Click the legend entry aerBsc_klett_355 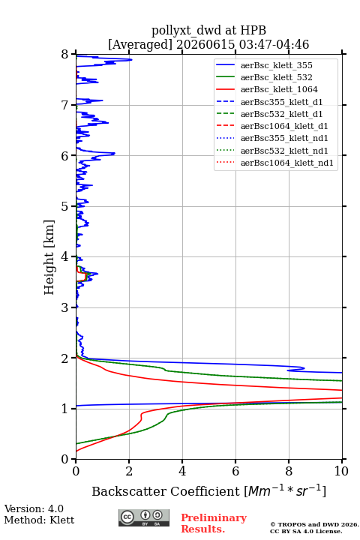click(276, 65)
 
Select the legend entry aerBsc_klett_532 click(276, 77)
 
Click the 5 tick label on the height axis click(65, 206)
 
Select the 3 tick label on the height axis click(65, 307)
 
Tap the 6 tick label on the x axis click(235, 471)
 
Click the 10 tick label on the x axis click(342, 471)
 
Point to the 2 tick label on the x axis click(129, 471)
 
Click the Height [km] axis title click(49, 257)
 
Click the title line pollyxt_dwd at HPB click(208, 30)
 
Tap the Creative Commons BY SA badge click(144, 517)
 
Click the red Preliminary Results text click(214, 523)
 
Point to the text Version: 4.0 click(34, 508)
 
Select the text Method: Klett click(39, 520)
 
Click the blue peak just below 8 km click(131, 60)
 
